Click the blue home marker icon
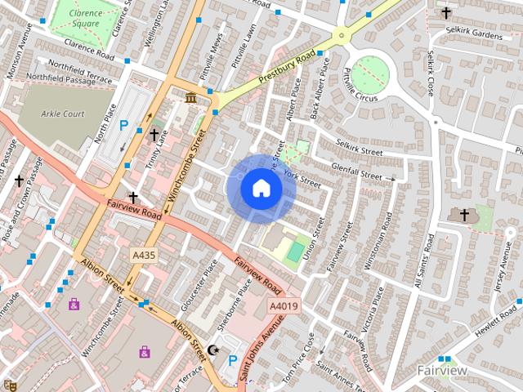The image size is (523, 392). point(261,189)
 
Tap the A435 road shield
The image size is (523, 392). point(144,256)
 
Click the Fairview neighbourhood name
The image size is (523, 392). point(442,371)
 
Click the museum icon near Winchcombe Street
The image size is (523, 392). point(190,100)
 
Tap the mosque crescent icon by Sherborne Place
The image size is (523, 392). point(214,350)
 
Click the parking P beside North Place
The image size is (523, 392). point(124,126)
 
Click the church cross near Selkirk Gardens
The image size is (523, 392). point(445,12)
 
